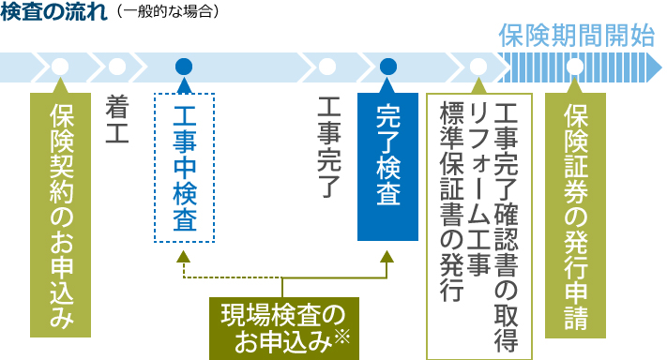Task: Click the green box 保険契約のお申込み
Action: (x=61, y=214)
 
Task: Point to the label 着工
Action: (x=116, y=115)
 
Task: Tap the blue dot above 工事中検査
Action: (x=184, y=67)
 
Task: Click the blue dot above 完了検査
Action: (x=388, y=67)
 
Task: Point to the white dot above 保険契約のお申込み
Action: (x=61, y=67)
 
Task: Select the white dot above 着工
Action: (x=117, y=67)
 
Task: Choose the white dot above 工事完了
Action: (x=327, y=67)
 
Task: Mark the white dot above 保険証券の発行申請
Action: (x=575, y=67)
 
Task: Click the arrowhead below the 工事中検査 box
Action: (x=184, y=257)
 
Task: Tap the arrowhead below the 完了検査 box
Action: (x=388, y=257)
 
